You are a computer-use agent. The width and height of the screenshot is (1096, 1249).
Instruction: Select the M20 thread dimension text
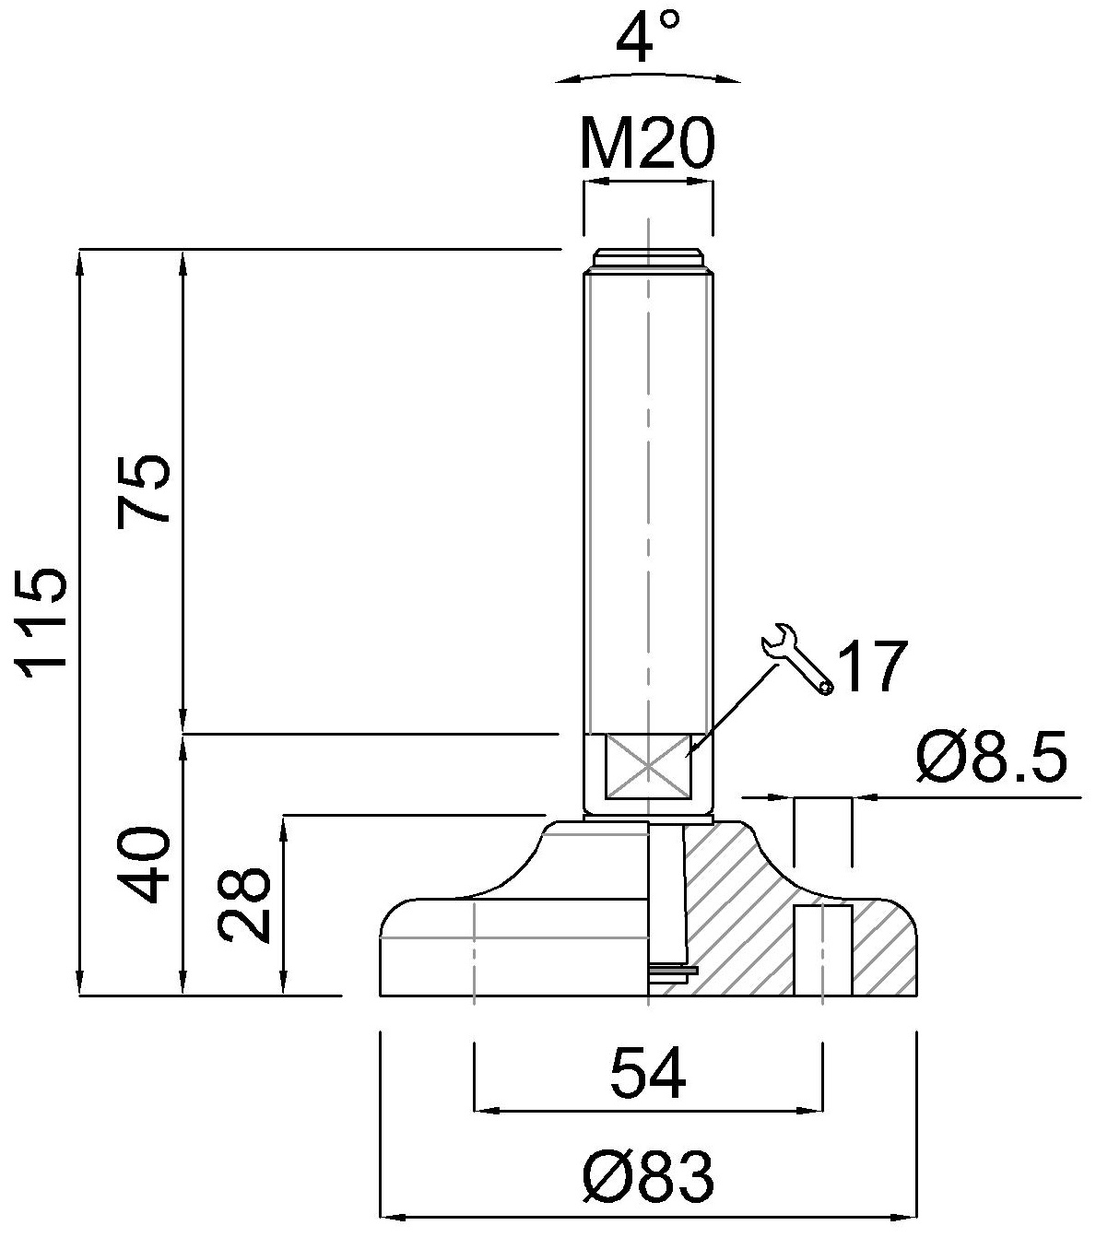tap(647, 144)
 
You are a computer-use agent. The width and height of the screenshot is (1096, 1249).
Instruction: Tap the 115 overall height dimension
tap(44, 622)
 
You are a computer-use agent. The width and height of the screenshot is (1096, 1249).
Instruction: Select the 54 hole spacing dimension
tap(648, 1074)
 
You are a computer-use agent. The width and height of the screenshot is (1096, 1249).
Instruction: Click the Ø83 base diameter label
tap(648, 1177)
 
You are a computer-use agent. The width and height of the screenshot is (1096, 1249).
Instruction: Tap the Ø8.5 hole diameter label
tap(991, 759)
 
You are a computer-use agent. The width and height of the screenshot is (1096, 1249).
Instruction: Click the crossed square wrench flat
tap(648, 765)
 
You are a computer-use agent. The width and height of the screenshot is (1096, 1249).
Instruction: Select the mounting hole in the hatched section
tap(822, 949)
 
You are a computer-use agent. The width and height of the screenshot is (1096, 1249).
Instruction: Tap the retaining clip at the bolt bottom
tap(673, 970)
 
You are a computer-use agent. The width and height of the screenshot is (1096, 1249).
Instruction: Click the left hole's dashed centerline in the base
tap(473, 949)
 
